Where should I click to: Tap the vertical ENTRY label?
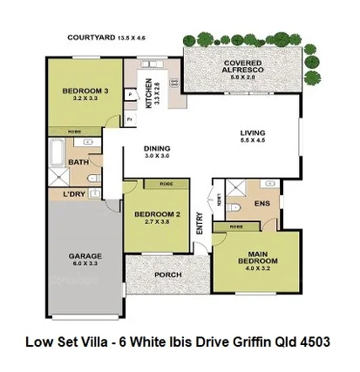click(x=200, y=225)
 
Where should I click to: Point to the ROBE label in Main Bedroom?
click(x=236, y=226)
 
